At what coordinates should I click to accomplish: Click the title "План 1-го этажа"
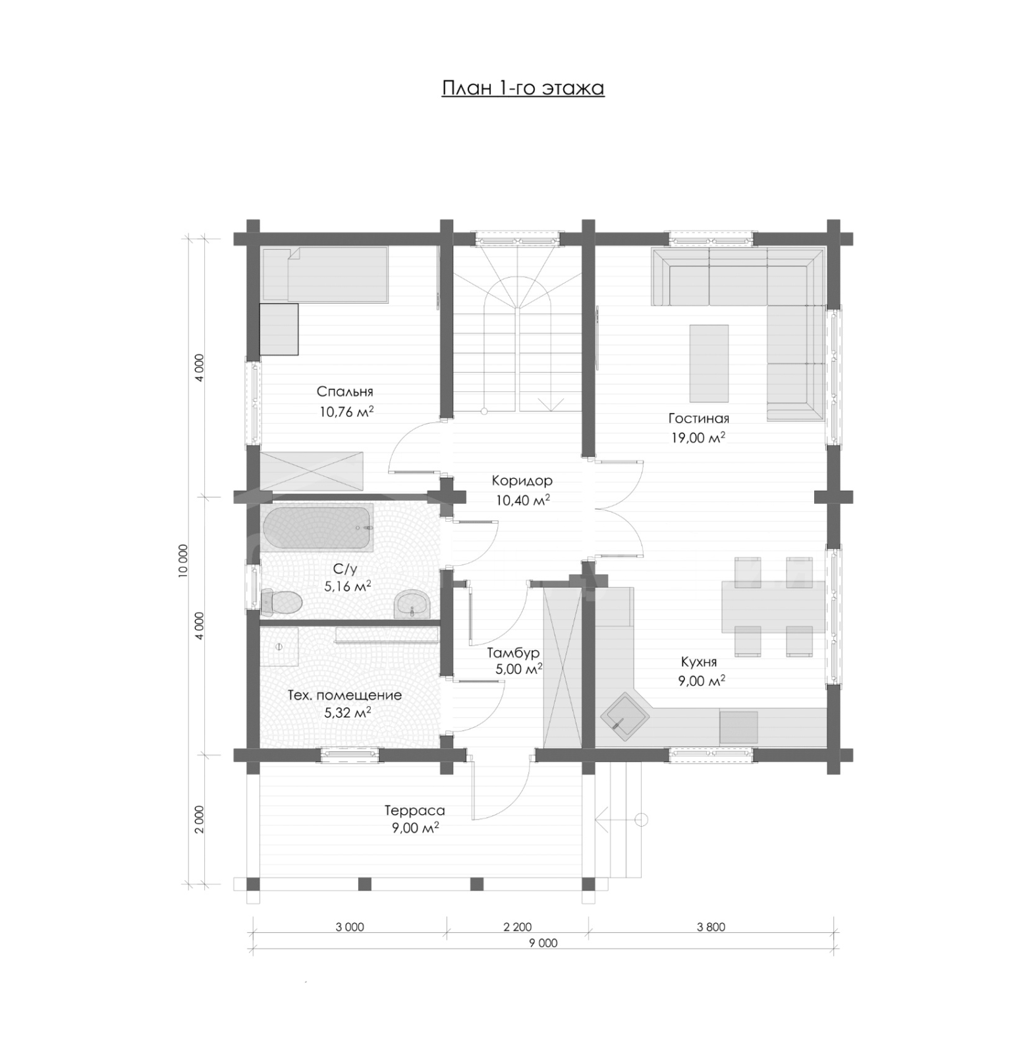522,88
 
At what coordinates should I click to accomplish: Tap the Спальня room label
345,392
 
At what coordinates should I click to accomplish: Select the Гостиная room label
698,418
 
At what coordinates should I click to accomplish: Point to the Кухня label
699,662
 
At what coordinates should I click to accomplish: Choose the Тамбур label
513,653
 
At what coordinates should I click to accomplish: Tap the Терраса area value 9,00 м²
415,828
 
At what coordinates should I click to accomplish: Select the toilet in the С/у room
281,602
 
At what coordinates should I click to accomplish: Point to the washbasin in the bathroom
412,604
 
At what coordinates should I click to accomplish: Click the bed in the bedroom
324,275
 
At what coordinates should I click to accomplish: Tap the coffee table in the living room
709,363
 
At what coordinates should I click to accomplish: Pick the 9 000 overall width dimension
543,943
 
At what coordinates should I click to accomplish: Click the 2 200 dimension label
517,928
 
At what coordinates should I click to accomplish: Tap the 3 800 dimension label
711,928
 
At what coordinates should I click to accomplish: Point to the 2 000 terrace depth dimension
200,819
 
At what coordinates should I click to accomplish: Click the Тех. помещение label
345,696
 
